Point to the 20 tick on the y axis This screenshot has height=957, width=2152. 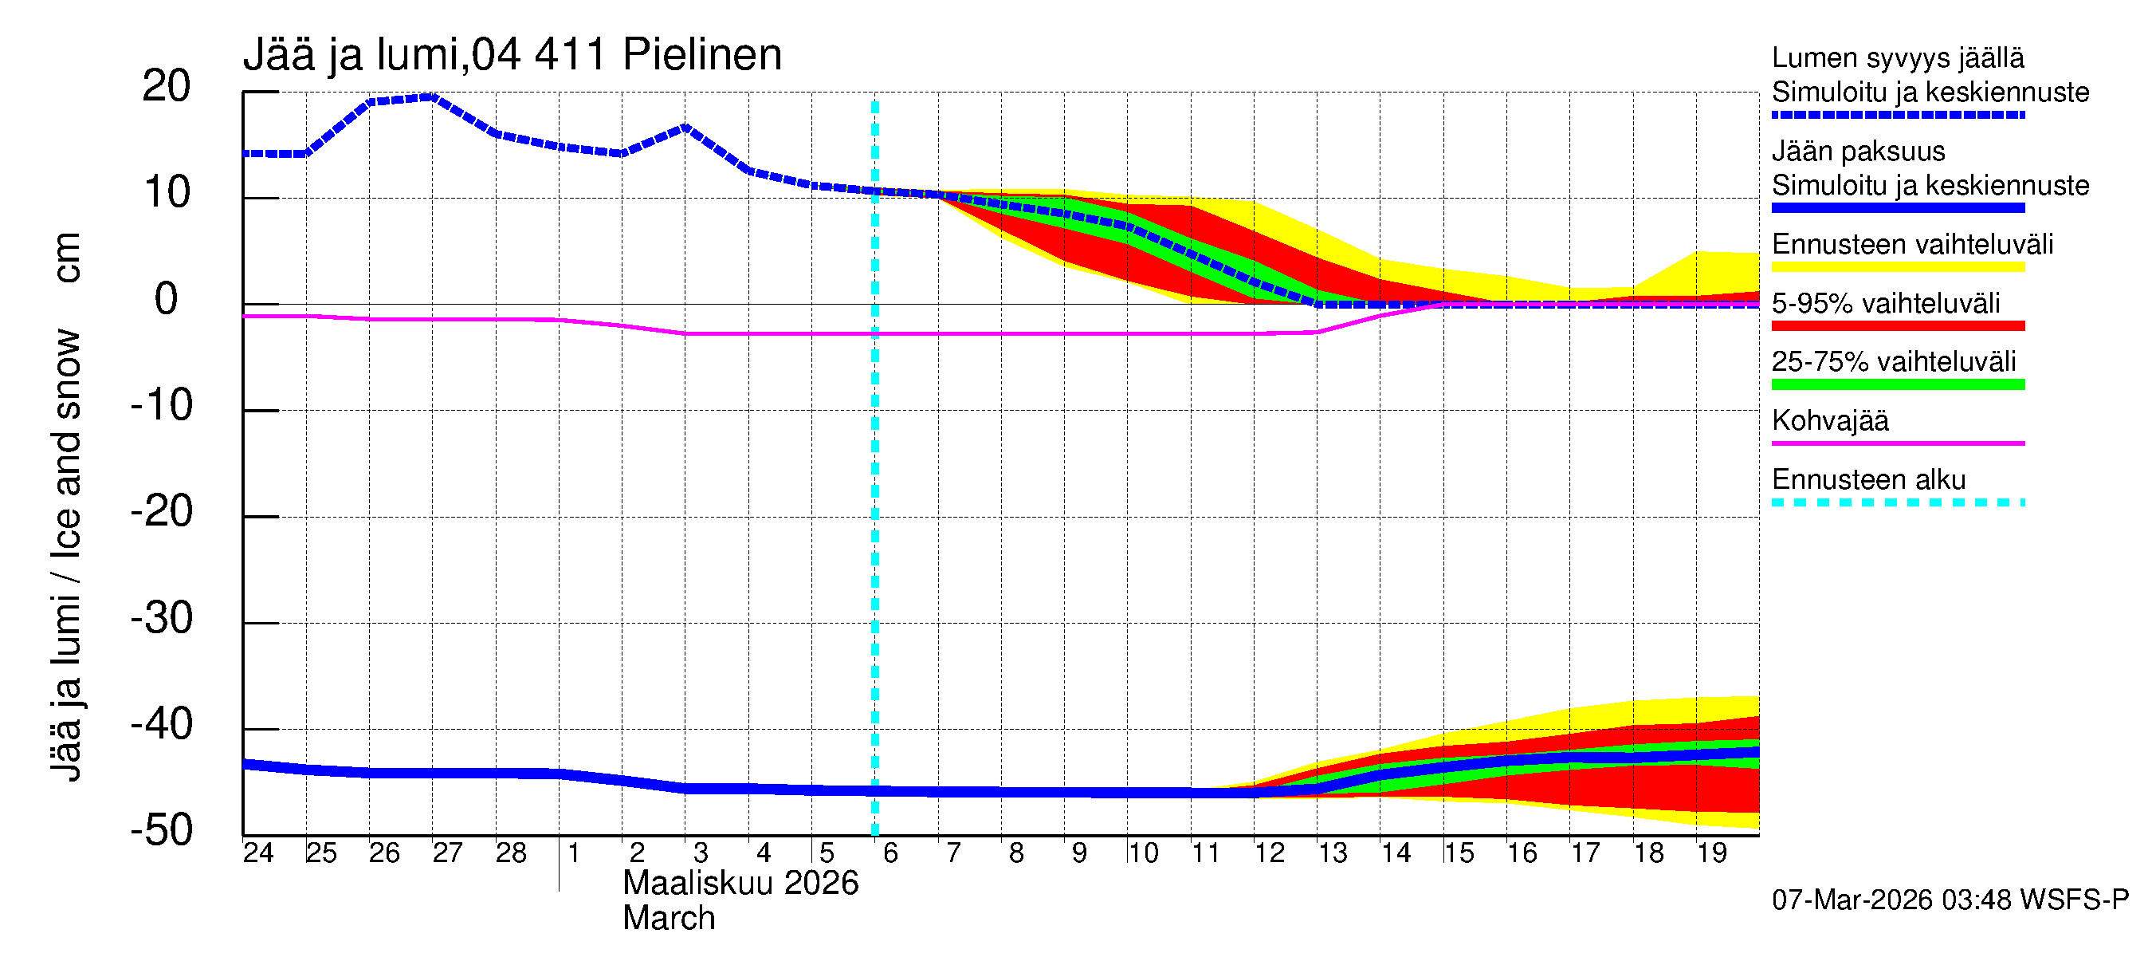tap(167, 86)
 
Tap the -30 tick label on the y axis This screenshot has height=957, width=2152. tap(161, 619)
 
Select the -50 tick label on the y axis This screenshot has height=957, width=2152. tap(161, 831)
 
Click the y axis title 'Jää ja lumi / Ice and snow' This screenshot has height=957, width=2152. tap(66, 556)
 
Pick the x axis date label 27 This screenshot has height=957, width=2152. tap(447, 853)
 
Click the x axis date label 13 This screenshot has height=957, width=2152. tap(1333, 853)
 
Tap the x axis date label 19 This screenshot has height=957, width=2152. tap(1712, 853)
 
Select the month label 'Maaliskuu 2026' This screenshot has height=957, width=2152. tap(740, 884)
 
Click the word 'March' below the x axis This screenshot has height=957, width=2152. tap(669, 919)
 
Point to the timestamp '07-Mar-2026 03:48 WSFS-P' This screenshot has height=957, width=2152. tap(1950, 900)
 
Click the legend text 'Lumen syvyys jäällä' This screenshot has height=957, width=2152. tap(1897, 58)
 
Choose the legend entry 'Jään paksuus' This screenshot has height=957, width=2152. tap(1858, 152)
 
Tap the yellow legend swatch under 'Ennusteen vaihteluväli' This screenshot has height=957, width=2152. tap(1897, 267)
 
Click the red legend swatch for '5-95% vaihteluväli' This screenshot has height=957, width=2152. tap(1897, 326)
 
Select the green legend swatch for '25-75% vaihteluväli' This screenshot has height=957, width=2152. tap(1897, 384)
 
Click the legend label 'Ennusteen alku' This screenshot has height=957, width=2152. tap(1868, 480)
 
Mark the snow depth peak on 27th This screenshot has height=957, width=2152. tap(432, 97)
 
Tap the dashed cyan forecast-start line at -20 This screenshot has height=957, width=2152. tap(874, 518)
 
